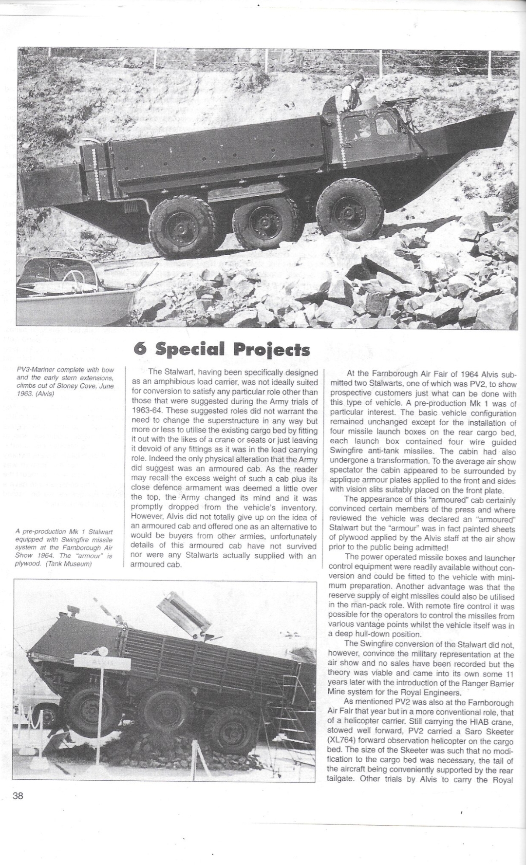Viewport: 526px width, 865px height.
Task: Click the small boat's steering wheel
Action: pos(73,276)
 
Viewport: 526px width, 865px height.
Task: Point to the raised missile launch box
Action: pos(186,613)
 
